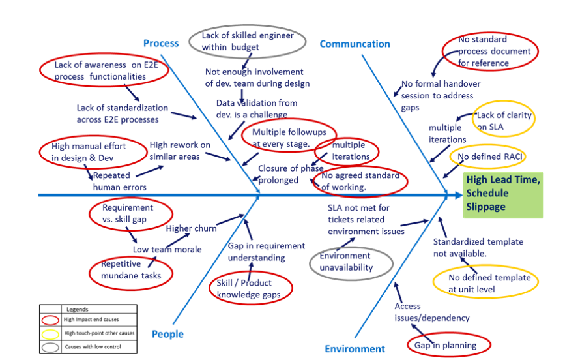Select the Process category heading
pos(160,43)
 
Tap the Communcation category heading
pos(355,44)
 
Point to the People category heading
pos(167,334)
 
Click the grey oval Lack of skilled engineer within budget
pos(247,41)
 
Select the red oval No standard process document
pos(489,51)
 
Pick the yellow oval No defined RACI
pos(487,157)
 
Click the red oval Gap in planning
pos(448,345)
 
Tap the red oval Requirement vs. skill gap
pos(130,214)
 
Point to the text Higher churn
pos(191,228)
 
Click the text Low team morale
pos(167,249)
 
